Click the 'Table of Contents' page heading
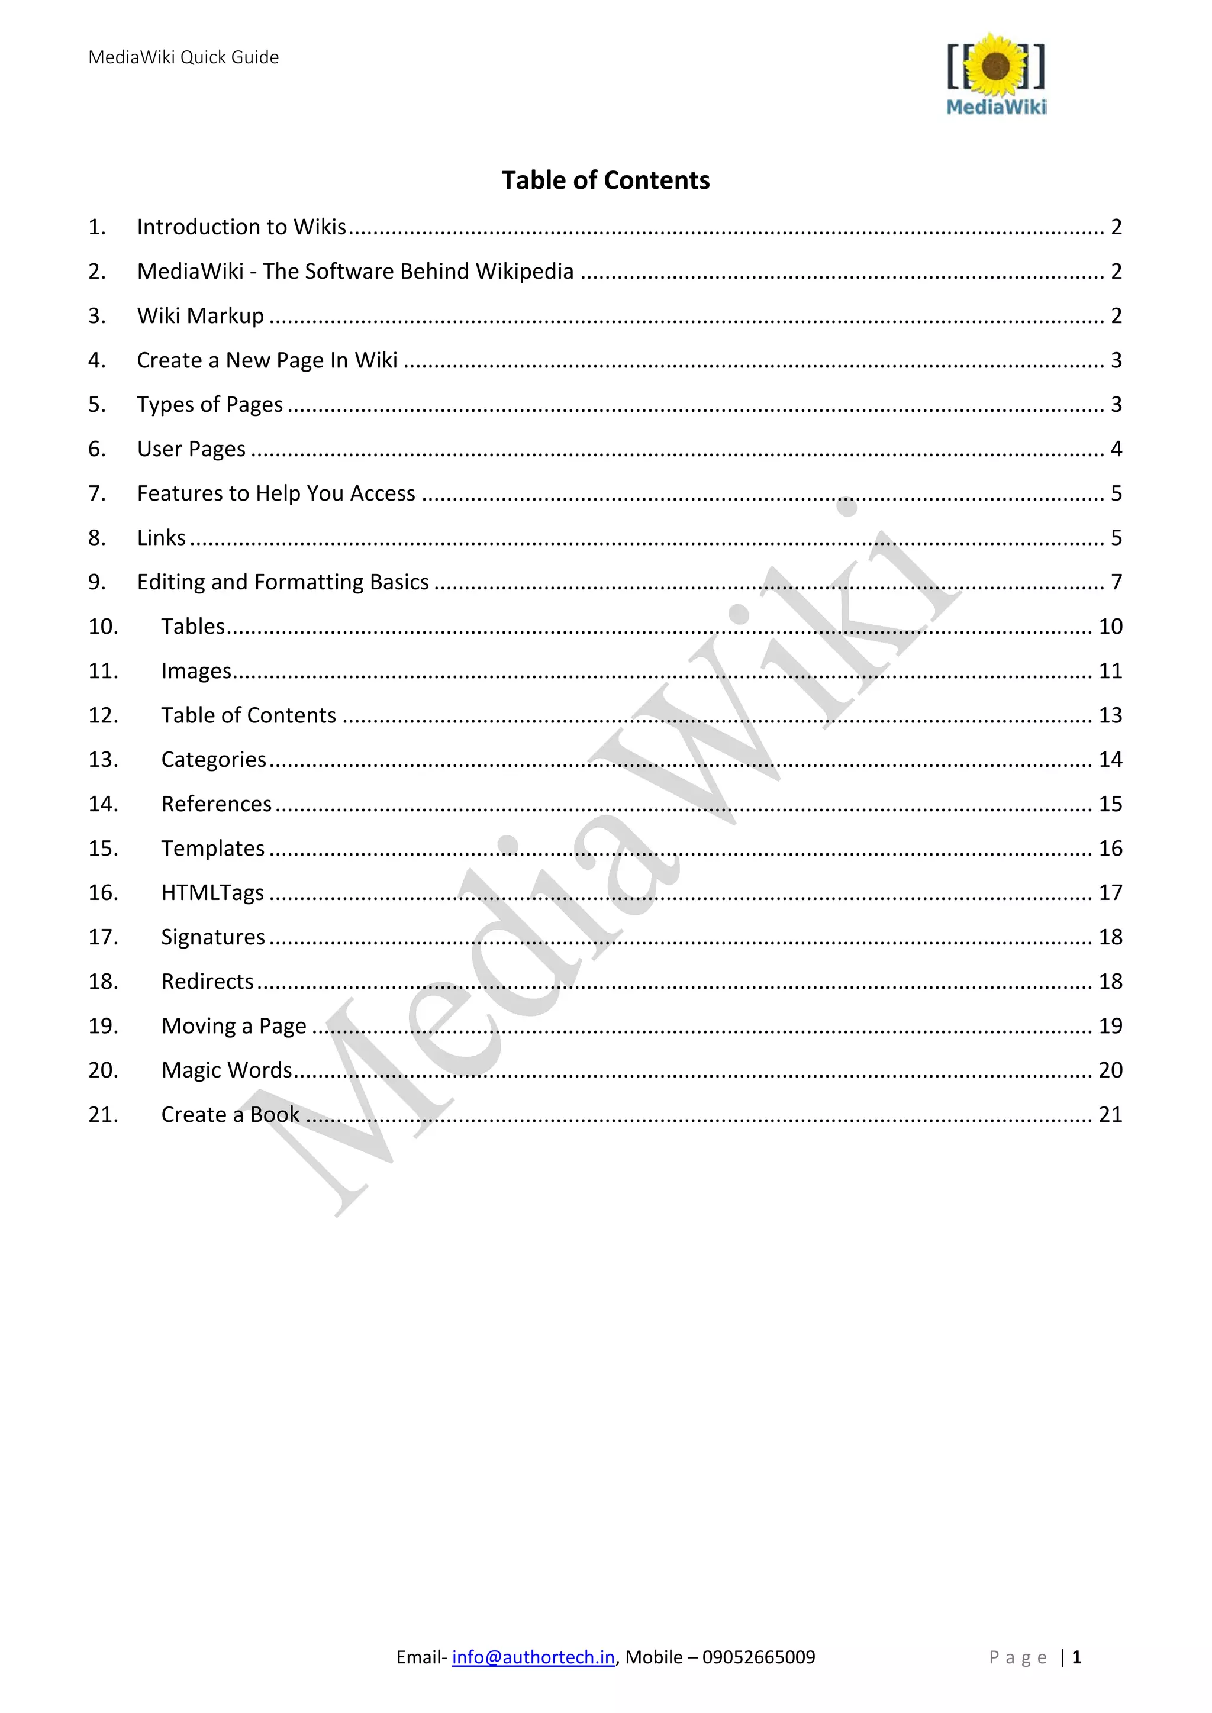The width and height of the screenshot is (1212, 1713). (605, 180)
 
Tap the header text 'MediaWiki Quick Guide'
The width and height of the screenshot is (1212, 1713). (183, 57)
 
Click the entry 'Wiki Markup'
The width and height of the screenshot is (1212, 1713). (200, 315)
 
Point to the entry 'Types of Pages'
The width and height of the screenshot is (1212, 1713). (209, 404)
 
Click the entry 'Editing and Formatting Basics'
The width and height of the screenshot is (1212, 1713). (283, 582)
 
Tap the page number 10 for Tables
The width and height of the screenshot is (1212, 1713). (1110, 627)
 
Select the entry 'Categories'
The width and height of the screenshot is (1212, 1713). (214, 760)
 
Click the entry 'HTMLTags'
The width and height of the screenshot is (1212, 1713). (212, 893)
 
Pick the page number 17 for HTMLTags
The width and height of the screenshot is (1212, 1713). (1110, 893)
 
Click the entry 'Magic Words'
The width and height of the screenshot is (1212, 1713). (227, 1070)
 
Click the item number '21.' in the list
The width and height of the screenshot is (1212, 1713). (103, 1115)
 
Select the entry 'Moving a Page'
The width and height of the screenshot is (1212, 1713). (234, 1026)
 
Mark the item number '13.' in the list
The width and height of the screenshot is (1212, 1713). (103, 760)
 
